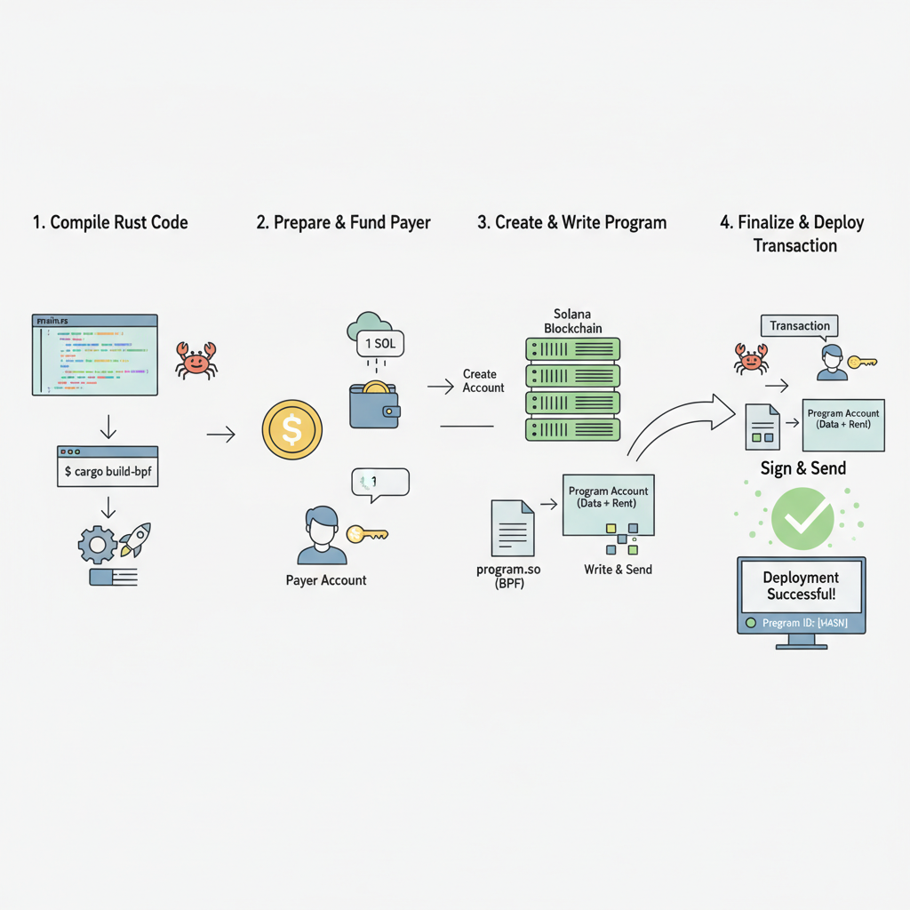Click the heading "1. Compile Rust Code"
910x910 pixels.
[x=110, y=222]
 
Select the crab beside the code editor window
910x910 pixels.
[x=195, y=360]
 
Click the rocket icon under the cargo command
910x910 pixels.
[x=134, y=539]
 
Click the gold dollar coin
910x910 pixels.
[x=291, y=430]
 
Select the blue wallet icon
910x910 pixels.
[x=374, y=405]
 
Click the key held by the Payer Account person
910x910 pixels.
[x=366, y=534]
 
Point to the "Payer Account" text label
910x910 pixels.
[x=326, y=580]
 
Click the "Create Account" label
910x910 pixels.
[x=483, y=381]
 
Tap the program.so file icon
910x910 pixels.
[x=513, y=528]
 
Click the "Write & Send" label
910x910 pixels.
[x=618, y=569]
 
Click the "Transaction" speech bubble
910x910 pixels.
[x=799, y=326]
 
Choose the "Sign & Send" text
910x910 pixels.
[x=802, y=468]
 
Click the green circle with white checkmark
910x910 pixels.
[x=802, y=516]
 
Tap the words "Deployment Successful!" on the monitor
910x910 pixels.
[x=801, y=587]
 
